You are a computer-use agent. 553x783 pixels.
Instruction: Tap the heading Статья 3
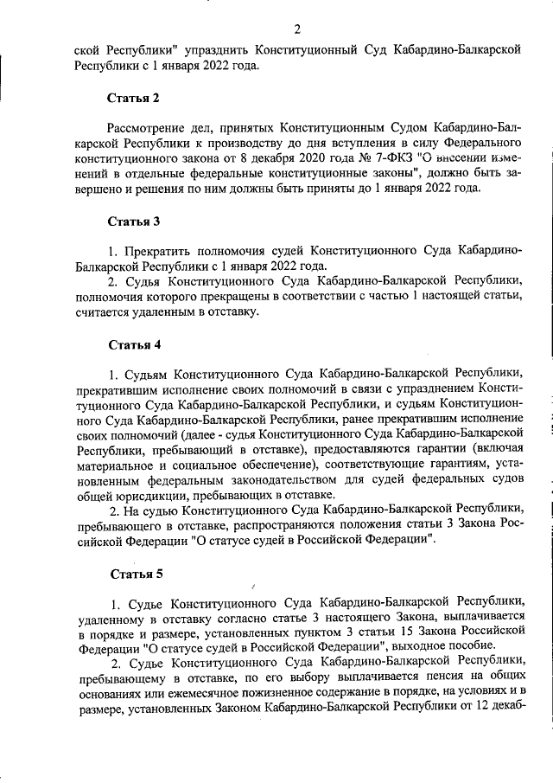(134, 221)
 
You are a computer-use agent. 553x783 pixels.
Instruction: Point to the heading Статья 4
(134, 345)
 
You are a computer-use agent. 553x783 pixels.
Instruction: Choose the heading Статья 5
(134, 574)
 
